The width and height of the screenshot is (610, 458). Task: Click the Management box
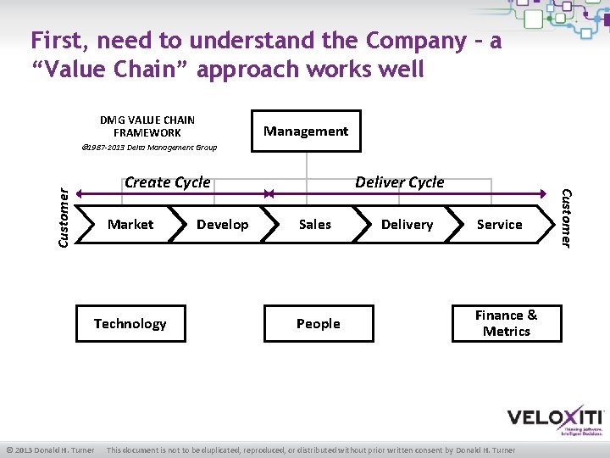click(x=305, y=131)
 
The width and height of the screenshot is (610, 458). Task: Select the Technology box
click(x=130, y=323)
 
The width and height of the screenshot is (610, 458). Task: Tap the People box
click(x=319, y=323)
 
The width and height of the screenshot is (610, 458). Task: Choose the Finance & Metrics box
click(x=507, y=323)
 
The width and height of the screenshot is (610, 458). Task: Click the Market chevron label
click(x=130, y=225)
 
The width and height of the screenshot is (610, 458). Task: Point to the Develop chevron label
click(x=223, y=225)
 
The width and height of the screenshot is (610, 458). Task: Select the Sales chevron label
click(x=315, y=225)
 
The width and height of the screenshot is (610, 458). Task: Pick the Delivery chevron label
click(x=407, y=225)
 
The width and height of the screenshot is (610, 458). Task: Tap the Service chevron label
click(x=499, y=225)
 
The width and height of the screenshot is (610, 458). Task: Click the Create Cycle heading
click(x=168, y=182)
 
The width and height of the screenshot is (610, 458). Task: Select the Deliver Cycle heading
click(x=400, y=182)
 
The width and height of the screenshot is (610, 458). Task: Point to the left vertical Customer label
click(x=64, y=218)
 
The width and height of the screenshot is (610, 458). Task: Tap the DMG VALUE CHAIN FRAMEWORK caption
click(x=147, y=126)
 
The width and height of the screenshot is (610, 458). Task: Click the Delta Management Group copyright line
click(x=149, y=148)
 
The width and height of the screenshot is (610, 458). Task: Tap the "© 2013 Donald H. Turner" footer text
click(x=50, y=450)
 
